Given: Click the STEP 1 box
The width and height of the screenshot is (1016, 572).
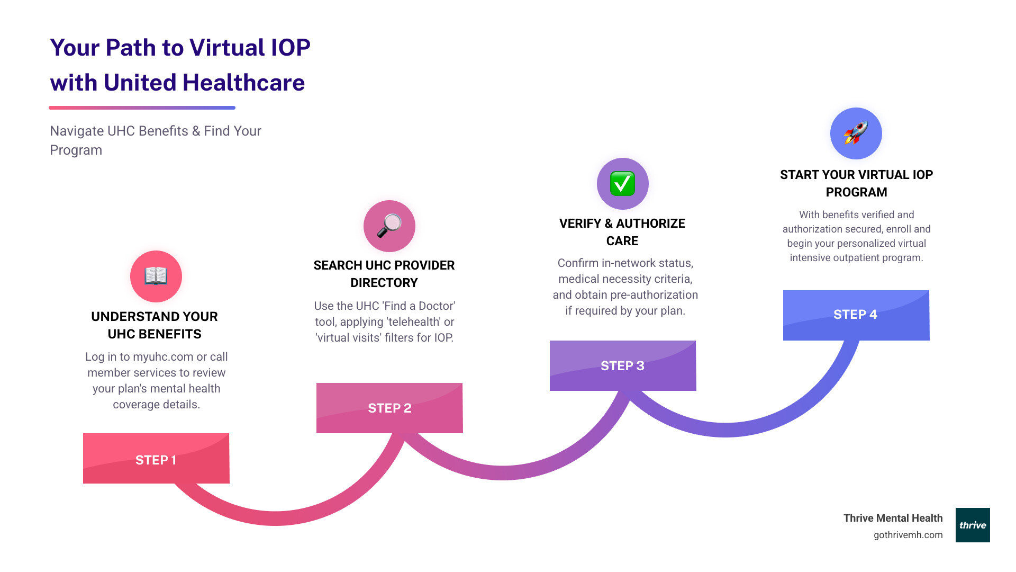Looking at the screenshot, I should (x=156, y=459).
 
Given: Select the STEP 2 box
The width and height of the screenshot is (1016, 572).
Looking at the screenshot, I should (x=389, y=408).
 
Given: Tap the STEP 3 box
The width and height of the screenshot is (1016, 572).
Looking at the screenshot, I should (x=623, y=365).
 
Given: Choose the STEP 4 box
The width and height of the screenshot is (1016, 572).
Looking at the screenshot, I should (x=856, y=315).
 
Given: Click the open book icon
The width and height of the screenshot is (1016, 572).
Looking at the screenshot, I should (x=156, y=276).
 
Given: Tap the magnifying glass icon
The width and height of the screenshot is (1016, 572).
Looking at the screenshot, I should (x=389, y=226).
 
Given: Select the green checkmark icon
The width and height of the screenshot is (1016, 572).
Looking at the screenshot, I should (x=623, y=184).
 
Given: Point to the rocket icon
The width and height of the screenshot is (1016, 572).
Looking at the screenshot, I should (x=856, y=133).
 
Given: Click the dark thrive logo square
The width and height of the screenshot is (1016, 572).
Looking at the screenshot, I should (x=973, y=525).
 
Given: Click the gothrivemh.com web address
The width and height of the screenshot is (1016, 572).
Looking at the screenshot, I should (x=908, y=535).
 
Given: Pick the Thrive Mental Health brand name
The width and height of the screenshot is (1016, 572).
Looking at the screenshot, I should (x=893, y=518).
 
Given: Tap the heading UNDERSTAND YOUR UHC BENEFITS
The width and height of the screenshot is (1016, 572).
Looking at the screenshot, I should (x=155, y=325).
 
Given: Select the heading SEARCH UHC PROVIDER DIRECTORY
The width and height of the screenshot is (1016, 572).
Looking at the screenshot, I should (x=384, y=274).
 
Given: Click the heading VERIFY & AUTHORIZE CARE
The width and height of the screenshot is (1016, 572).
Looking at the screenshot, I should (x=622, y=232).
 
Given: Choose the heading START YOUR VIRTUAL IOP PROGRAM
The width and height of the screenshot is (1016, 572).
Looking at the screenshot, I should (x=856, y=183).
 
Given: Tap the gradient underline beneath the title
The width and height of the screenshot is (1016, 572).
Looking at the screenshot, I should (x=142, y=108).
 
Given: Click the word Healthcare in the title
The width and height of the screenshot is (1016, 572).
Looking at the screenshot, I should (x=243, y=83).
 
